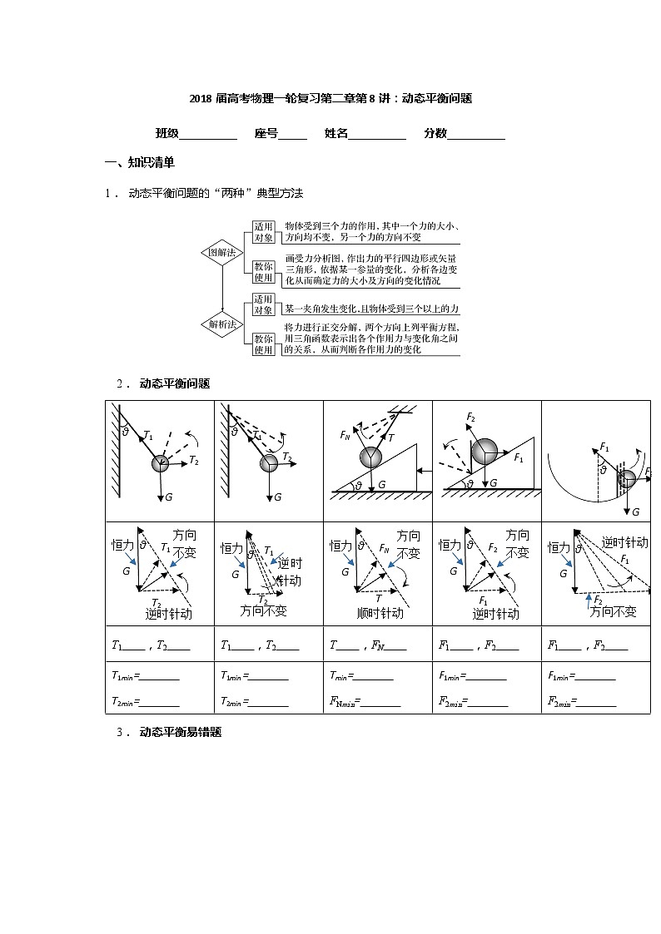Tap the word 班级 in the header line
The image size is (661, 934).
coord(167,133)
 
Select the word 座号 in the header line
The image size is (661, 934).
coord(266,133)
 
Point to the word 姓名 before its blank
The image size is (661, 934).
coord(336,133)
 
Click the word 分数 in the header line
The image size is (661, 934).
coord(435,133)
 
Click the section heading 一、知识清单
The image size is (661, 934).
coord(139,162)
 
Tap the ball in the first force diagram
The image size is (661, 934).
coord(160,463)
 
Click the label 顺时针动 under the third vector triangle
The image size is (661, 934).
coord(380,613)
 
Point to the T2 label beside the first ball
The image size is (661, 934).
coord(194,460)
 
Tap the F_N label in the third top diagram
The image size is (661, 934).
coord(345,435)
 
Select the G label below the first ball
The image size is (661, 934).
coord(169,497)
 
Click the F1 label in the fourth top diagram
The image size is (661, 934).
coord(519,457)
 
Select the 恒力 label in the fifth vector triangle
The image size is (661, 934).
coord(559,547)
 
